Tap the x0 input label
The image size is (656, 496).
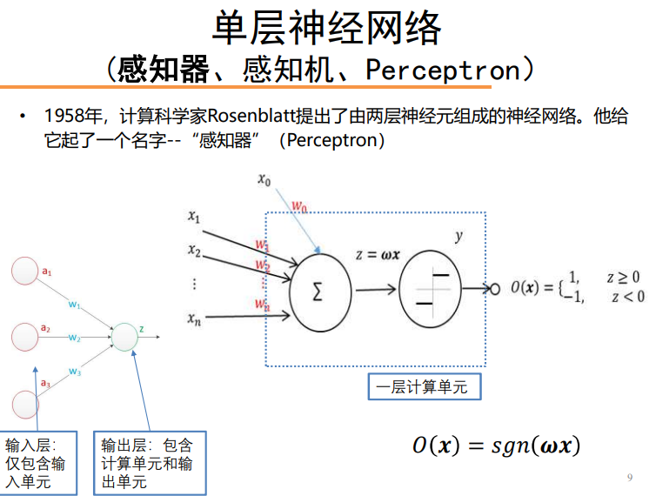point(264,180)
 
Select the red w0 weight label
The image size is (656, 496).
point(299,206)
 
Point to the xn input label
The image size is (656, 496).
point(194,319)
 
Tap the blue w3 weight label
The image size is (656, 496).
point(75,372)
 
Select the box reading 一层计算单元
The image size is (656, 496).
point(425,386)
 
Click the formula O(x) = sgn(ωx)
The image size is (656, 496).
point(496,445)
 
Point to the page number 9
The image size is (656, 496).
point(630,477)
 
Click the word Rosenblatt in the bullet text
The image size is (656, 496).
point(251,116)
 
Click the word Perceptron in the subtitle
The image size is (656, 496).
point(443,70)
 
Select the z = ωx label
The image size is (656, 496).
point(378,254)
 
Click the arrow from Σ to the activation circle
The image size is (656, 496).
point(376,289)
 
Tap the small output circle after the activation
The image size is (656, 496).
point(495,289)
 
